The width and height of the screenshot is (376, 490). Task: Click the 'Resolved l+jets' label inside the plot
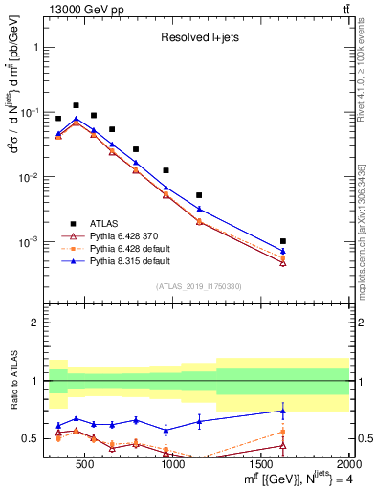point(198,39)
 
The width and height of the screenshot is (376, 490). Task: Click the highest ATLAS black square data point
point(76,105)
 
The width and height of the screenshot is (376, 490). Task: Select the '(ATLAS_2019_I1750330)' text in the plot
point(198,285)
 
